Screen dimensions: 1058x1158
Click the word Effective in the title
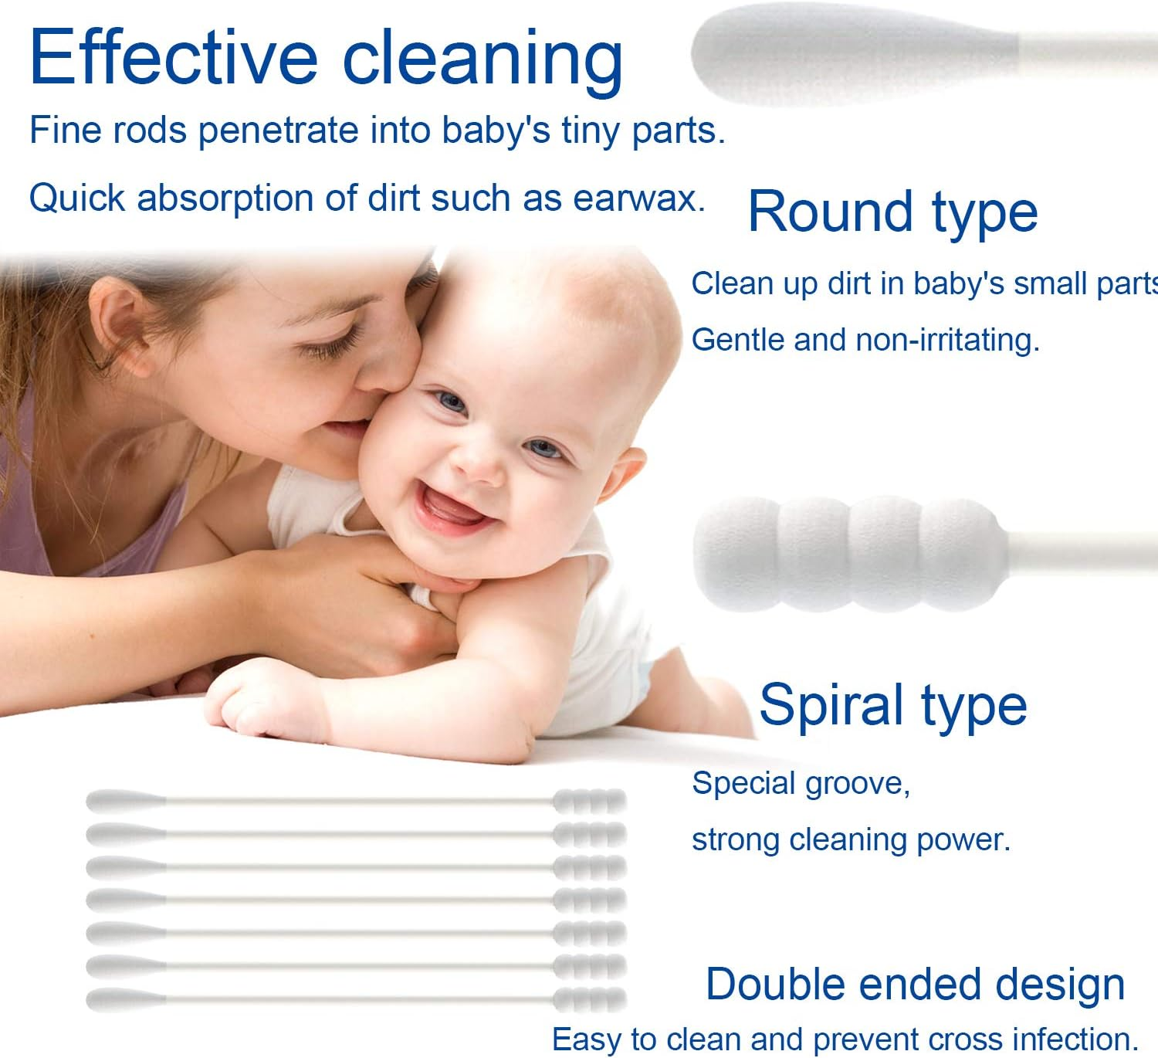tap(174, 58)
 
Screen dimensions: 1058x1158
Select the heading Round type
tap(892, 212)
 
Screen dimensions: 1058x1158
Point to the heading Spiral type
tap(892, 704)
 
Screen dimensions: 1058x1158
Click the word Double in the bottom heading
tap(775, 985)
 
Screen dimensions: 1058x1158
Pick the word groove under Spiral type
tap(857, 784)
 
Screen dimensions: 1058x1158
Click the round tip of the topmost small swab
tap(124, 801)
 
